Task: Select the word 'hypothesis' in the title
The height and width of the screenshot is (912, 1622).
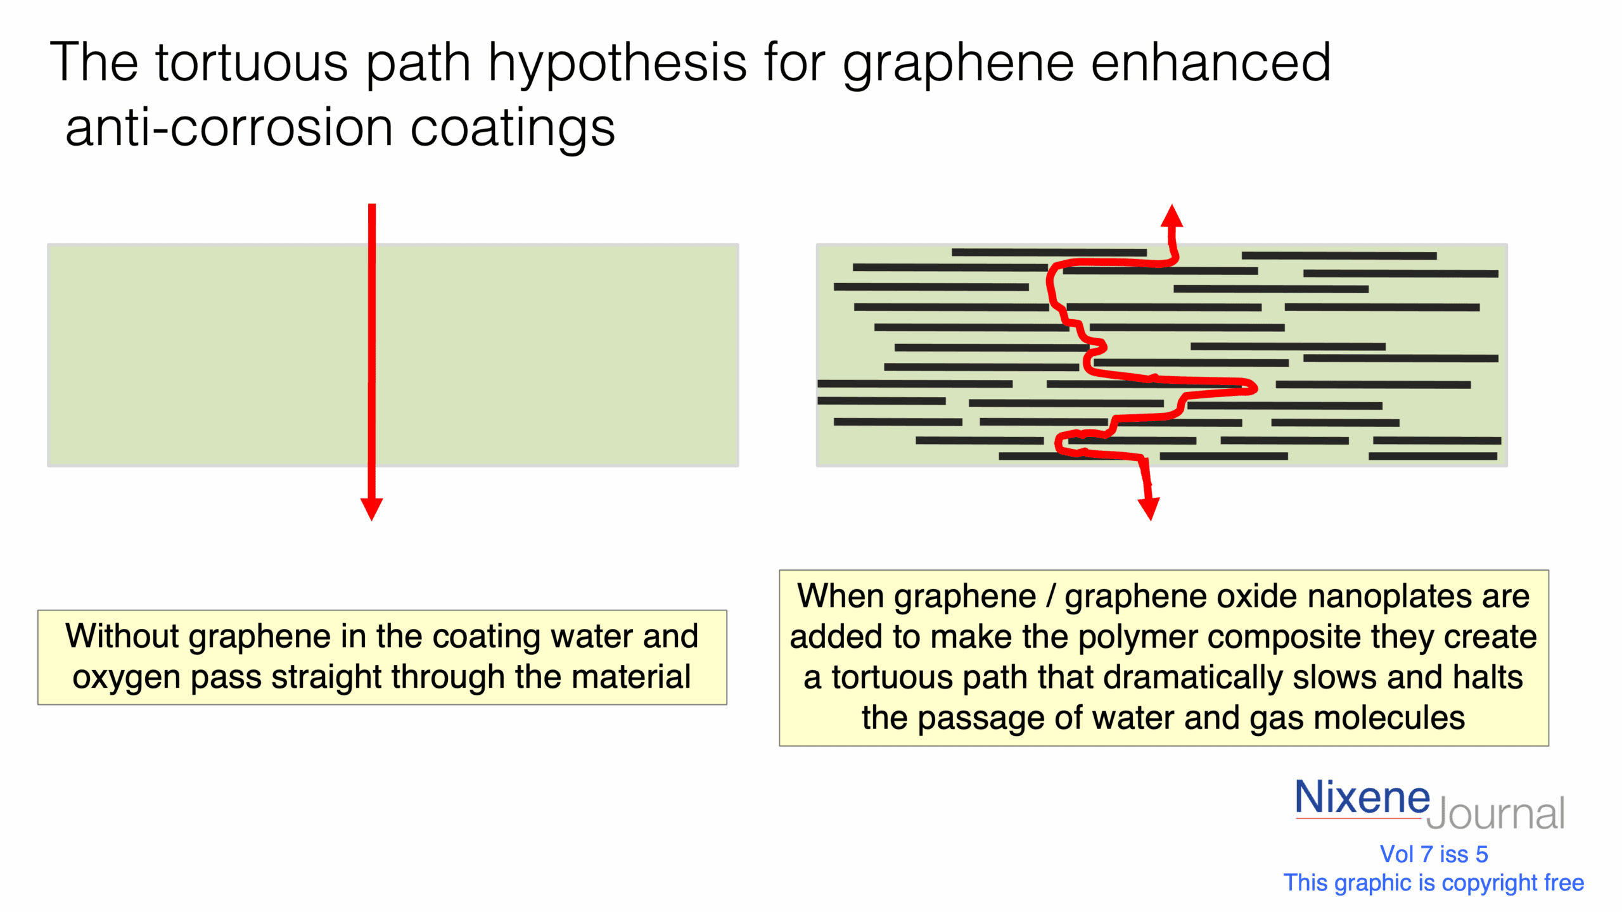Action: pyautogui.click(x=617, y=63)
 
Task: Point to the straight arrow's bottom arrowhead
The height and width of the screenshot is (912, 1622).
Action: pyautogui.click(x=371, y=508)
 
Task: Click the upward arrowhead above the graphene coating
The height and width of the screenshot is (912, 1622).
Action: pyautogui.click(x=1172, y=216)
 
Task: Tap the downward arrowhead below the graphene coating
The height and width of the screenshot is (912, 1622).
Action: pyautogui.click(x=1149, y=508)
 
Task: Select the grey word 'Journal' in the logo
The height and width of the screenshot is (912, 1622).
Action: pyautogui.click(x=1495, y=814)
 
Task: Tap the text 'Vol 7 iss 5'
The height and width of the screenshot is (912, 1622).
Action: pyautogui.click(x=1434, y=854)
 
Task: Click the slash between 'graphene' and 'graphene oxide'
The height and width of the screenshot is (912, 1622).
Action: pyautogui.click(x=1050, y=596)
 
